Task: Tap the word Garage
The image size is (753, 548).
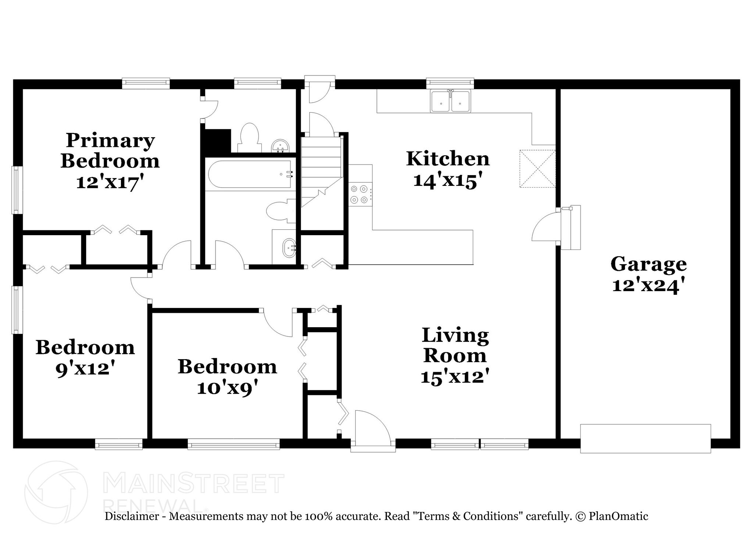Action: pyautogui.click(x=648, y=264)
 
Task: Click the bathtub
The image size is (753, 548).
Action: pyautogui.click(x=250, y=174)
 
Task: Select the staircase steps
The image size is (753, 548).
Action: pyautogui.click(x=321, y=162)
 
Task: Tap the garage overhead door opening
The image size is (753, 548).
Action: pyautogui.click(x=645, y=438)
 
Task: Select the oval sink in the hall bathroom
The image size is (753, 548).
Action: pyautogui.click(x=289, y=247)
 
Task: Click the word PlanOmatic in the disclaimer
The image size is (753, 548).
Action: pyautogui.click(x=618, y=516)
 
